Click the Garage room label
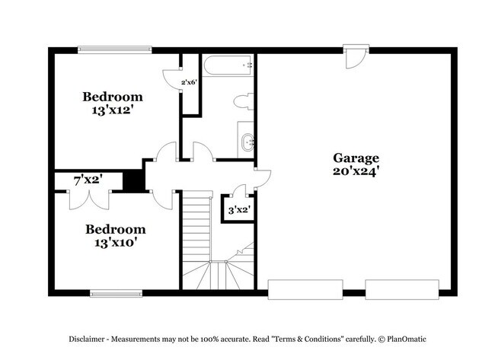pos(356,158)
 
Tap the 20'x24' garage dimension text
pos(356,172)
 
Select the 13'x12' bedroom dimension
pos(113,110)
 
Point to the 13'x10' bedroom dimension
pos(115,243)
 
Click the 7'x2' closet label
pos(88,180)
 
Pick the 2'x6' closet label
pos(190,82)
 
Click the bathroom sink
pos(247,142)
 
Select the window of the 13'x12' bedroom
pos(115,51)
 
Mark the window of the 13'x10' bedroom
pos(116,292)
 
